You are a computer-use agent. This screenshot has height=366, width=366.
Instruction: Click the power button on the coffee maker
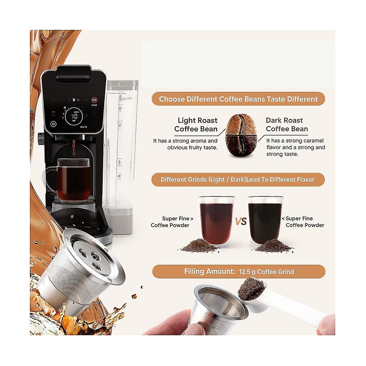[x=54, y=124]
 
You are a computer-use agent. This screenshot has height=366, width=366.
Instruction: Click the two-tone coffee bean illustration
[x=241, y=136]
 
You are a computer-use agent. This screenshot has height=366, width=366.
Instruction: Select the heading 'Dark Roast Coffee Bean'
[x=286, y=124]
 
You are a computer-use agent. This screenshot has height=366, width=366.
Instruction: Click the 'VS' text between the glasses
[x=241, y=221]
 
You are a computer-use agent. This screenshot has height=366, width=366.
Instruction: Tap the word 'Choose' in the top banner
[x=172, y=99]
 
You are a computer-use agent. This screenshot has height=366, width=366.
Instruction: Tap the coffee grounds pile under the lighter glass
[x=201, y=245]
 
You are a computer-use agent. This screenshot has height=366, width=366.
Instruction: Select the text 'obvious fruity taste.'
[x=192, y=148]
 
